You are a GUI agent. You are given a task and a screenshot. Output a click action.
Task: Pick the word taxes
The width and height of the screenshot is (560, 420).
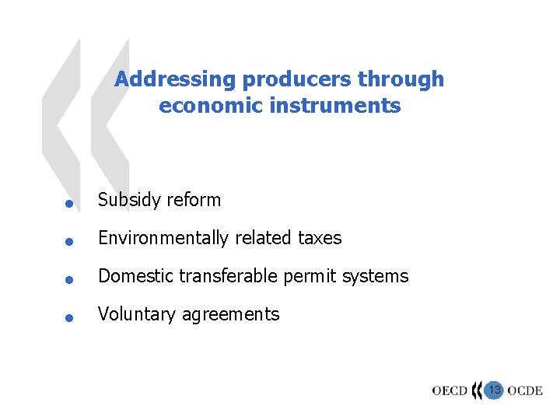[320, 238]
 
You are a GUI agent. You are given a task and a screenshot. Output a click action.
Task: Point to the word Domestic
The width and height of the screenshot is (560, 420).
[135, 276]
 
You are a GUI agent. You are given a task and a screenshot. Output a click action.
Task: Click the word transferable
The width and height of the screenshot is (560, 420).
[226, 276]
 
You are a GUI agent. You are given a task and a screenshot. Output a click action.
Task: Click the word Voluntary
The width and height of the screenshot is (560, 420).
[136, 314]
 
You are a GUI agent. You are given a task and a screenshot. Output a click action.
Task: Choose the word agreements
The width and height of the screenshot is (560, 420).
[230, 315]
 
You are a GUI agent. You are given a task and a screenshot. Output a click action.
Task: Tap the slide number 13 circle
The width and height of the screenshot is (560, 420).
[493, 389]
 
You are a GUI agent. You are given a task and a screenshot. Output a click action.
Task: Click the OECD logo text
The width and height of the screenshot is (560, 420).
[450, 390]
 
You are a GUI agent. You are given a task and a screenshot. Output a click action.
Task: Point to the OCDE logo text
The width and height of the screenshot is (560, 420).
[525, 390]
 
